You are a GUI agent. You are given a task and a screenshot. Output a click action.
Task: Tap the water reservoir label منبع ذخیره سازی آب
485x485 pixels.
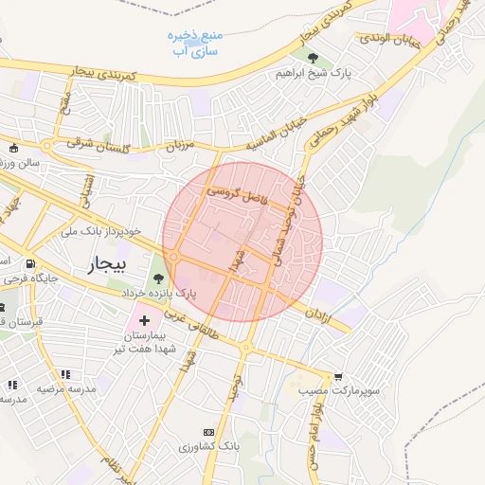[194, 44]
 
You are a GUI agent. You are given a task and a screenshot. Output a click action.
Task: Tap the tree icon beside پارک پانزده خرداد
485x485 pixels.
[157, 278]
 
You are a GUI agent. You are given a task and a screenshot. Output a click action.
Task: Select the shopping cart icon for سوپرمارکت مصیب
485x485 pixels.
[339, 376]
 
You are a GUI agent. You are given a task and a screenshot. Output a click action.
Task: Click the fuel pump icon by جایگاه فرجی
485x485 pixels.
[31, 264]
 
